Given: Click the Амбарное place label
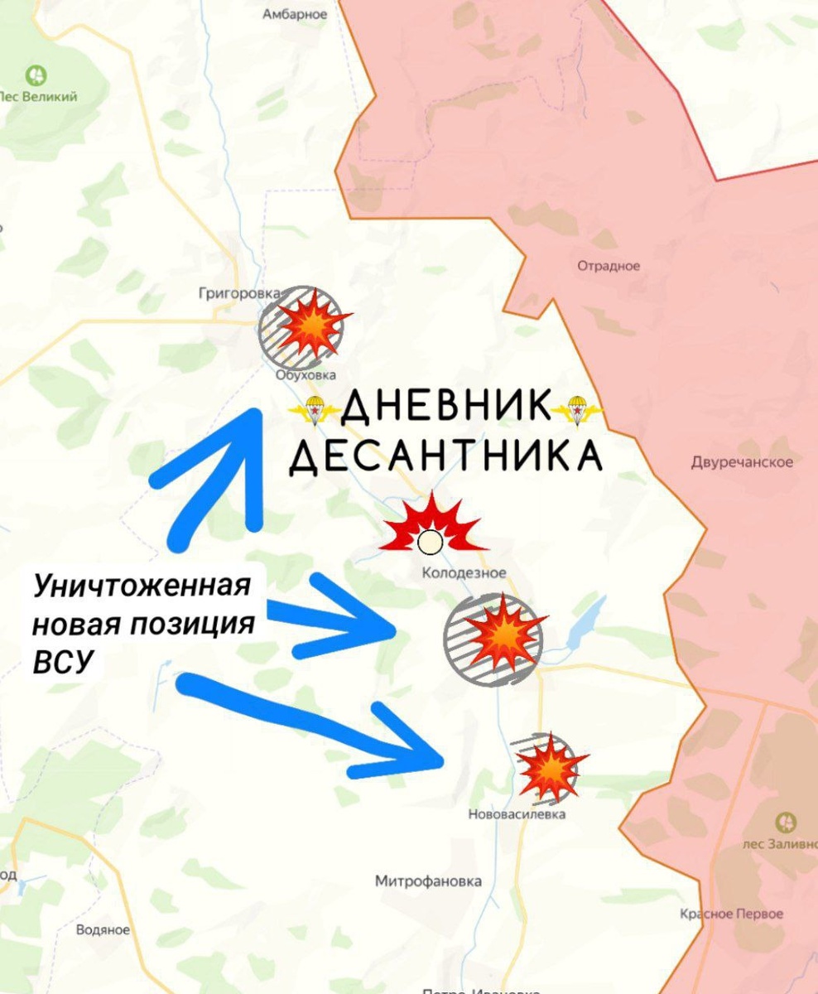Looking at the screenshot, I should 295,14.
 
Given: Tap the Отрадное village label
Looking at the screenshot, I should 609,266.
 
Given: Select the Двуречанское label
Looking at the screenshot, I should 742,462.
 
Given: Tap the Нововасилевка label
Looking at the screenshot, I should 517,814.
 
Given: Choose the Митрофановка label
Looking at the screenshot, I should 428,881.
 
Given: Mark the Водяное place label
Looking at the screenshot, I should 103,930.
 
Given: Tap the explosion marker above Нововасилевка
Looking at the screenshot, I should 547,767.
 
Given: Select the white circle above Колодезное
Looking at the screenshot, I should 429,543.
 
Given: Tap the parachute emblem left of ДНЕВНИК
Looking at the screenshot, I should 315,409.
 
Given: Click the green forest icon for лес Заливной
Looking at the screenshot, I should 786,823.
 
